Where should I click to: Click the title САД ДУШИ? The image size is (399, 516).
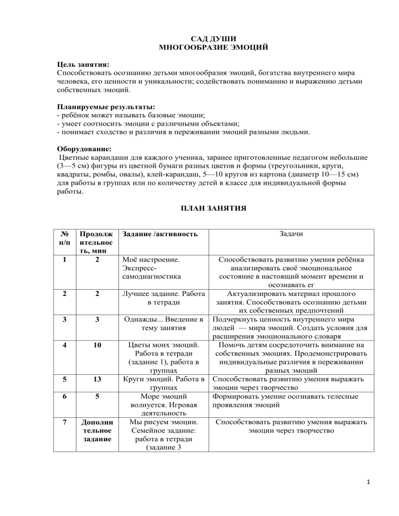pos(199,38)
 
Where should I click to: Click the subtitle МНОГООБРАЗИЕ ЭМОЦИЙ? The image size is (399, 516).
pos(199,47)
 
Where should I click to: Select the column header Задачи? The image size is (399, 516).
pos(291,235)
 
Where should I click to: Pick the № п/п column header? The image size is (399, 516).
pos(64,239)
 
